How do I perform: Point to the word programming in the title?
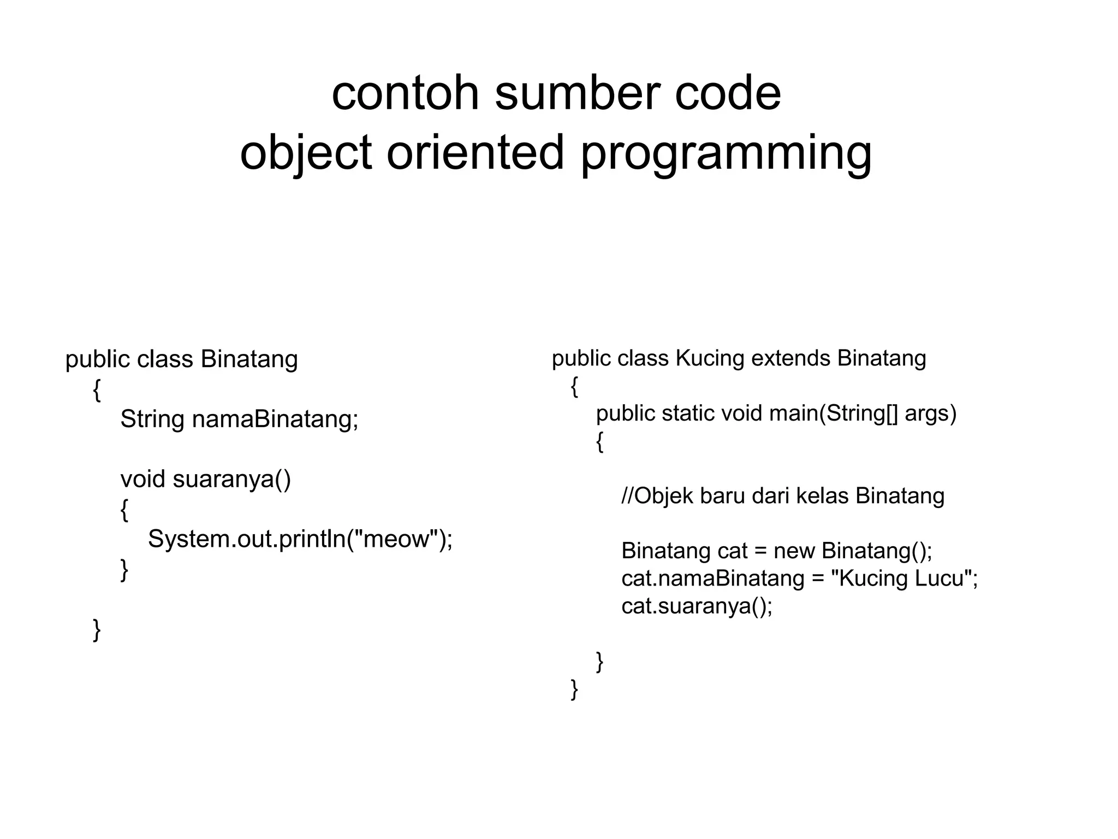(x=725, y=153)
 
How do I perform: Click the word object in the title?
(x=306, y=153)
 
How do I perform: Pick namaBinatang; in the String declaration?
(x=275, y=419)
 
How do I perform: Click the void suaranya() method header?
(x=206, y=479)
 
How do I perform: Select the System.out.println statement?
(x=300, y=539)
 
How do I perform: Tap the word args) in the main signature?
(x=931, y=413)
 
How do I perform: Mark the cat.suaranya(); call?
(x=697, y=606)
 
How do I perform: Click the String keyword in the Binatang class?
(x=152, y=419)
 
